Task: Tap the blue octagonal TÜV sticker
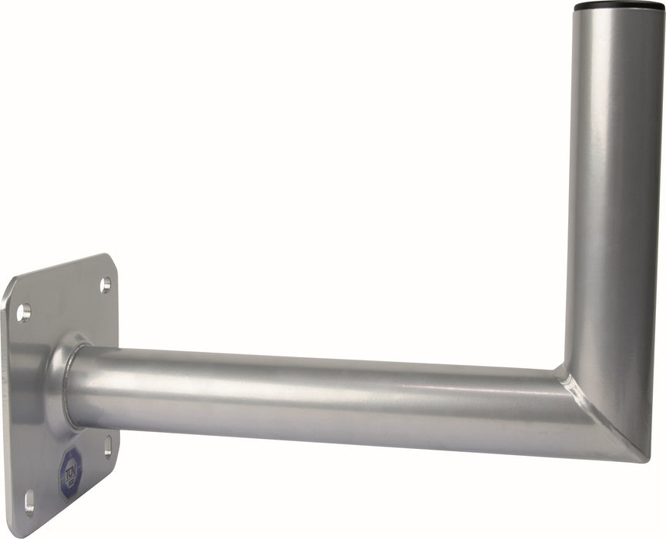(x=71, y=471)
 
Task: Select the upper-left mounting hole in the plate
(x=24, y=313)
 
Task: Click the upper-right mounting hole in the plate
(x=105, y=285)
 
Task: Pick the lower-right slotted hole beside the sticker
(x=108, y=447)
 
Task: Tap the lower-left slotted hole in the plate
(x=29, y=501)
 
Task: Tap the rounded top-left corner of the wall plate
(x=11, y=288)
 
